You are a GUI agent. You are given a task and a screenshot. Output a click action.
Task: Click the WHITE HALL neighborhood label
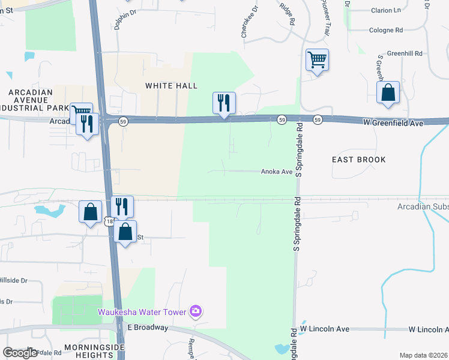(x=171, y=86)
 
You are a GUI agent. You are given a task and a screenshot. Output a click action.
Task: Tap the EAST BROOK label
(x=358, y=160)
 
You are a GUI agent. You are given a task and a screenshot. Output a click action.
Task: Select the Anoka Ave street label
(x=276, y=172)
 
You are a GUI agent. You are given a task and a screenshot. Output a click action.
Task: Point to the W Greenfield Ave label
(x=393, y=122)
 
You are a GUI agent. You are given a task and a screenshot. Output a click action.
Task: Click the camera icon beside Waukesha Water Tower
(x=195, y=311)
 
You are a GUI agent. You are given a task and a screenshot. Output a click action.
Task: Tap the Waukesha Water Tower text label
(x=142, y=311)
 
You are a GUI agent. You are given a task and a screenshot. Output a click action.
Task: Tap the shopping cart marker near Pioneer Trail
(x=316, y=60)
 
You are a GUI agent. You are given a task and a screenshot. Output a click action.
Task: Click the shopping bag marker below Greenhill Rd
(x=388, y=93)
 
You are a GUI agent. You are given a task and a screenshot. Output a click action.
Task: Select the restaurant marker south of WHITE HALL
(x=224, y=103)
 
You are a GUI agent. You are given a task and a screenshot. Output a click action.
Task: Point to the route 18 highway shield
(x=108, y=222)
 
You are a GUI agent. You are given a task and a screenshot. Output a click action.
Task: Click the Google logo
(x=20, y=353)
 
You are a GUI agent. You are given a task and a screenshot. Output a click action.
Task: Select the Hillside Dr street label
(x=14, y=280)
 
